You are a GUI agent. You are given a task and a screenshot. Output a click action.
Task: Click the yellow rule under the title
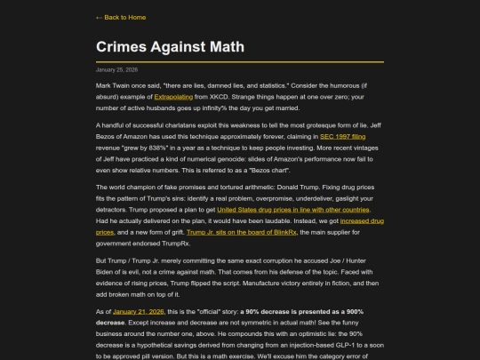[x=239, y=61]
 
